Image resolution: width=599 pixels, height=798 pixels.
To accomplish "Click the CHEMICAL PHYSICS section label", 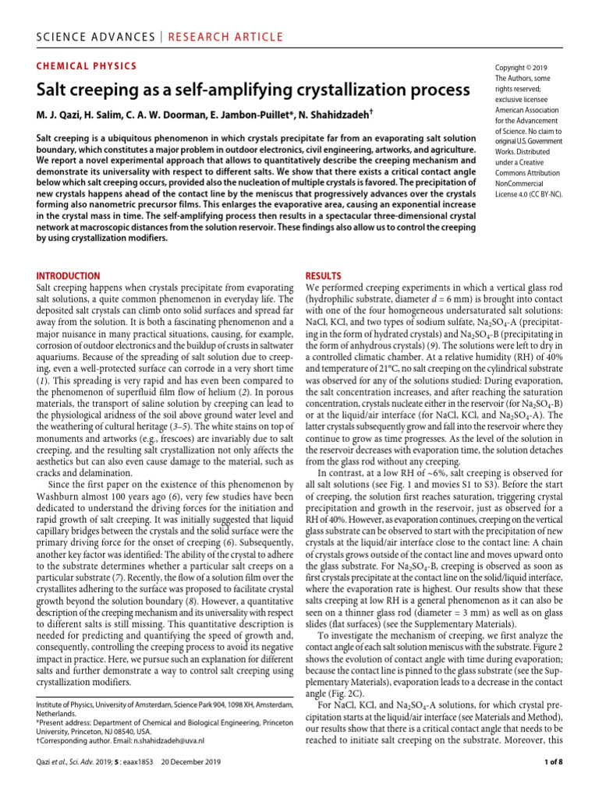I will pyautogui.click(x=87, y=66).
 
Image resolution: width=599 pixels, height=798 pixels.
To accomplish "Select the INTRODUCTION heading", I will pyautogui.click(x=69, y=276).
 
